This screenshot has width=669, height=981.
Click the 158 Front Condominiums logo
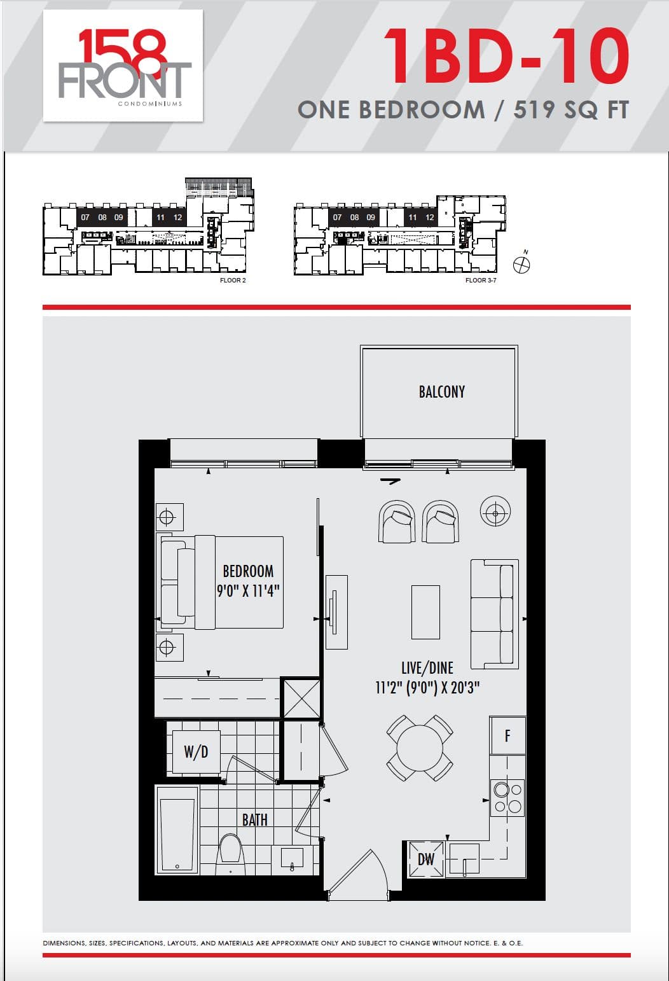tap(123, 66)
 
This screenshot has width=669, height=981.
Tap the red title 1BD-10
tap(506, 57)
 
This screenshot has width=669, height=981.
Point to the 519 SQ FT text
tap(570, 110)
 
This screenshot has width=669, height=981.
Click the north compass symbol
tap(521, 265)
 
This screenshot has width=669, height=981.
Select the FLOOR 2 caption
tap(232, 281)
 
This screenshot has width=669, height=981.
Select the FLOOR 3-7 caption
tap(481, 281)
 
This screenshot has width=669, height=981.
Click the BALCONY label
tap(441, 391)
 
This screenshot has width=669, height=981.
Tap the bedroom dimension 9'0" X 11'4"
tap(248, 590)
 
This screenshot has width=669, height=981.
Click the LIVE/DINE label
tap(427, 667)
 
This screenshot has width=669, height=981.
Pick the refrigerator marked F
tap(507, 735)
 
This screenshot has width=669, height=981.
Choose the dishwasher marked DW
tap(425, 859)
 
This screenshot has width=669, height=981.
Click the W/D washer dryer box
tap(196, 752)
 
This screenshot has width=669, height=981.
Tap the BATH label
tap(254, 820)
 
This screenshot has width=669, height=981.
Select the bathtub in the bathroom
tap(177, 834)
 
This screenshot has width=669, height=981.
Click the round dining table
tap(420, 748)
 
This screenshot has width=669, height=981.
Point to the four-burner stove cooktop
tap(507, 798)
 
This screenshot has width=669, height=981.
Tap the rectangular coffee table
tap(425, 612)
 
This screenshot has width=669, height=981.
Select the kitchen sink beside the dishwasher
tap(464, 859)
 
